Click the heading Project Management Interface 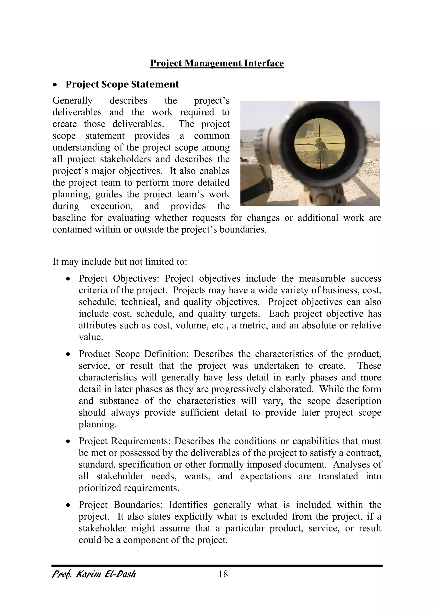point(217,63)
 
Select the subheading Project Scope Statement point(122,84)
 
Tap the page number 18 point(223,574)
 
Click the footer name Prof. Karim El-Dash point(94,574)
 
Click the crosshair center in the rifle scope point(319,144)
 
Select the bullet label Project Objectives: point(119,278)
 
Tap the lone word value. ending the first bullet point(91,337)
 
